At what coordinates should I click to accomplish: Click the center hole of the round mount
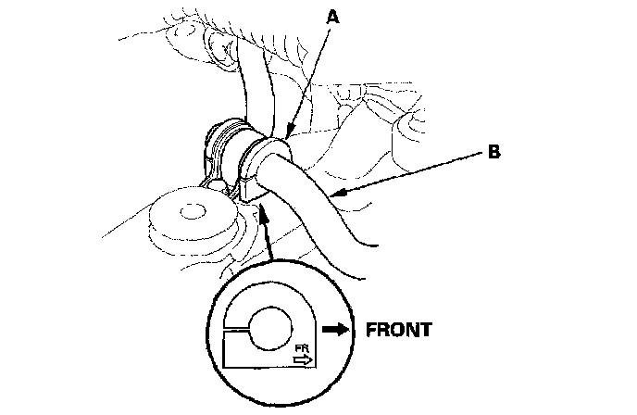pyautogui.click(x=192, y=212)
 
